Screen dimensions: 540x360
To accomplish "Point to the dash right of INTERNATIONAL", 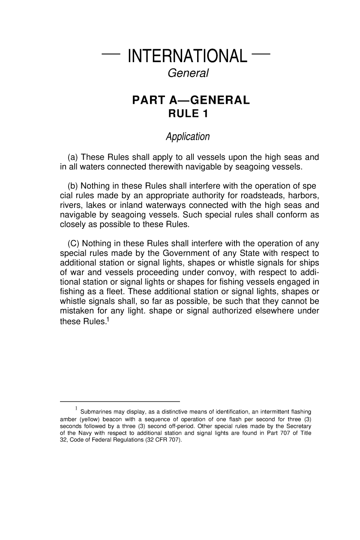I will click(261, 54).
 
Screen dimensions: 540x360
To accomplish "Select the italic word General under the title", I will click(188, 74).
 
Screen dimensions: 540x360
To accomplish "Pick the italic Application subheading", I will click(188, 137).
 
